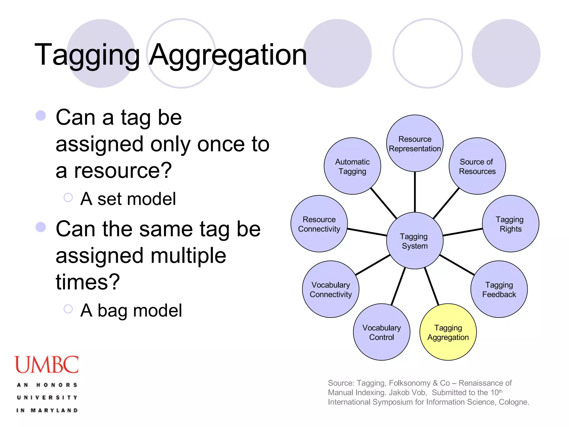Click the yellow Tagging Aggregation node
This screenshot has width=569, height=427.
coord(448,332)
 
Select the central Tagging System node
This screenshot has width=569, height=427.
coord(415,241)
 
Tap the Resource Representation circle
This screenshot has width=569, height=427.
coord(415,143)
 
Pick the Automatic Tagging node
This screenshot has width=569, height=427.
coord(352,166)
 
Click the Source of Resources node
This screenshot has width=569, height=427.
coord(477,166)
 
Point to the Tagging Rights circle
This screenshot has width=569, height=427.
coord(510,224)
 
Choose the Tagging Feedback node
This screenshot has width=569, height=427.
coord(499,289)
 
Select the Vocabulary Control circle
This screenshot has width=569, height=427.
coord(381,332)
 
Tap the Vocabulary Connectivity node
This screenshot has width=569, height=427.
coord(331,289)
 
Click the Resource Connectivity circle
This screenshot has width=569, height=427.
coord(319,224)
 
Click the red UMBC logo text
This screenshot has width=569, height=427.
coord(46,365)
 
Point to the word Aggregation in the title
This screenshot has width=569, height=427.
coord(228,55)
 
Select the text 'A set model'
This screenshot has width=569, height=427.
coord(128,199)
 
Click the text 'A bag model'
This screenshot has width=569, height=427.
coord(131,311)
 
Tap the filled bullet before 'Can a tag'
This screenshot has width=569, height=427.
coord(41,116)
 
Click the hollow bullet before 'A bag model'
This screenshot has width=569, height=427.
coord(68,309)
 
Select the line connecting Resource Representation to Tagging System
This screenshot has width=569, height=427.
coord(415,192)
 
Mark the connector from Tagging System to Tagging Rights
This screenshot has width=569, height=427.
coord(463,232)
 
